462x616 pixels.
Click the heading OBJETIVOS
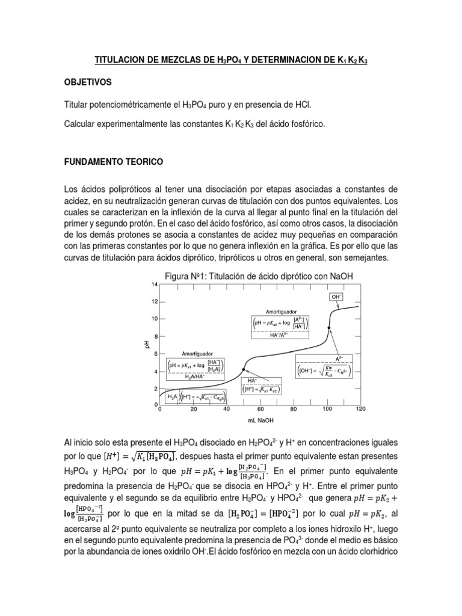coord(87,81)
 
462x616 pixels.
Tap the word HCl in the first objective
coord(303,104)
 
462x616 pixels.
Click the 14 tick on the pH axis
coord(154,284)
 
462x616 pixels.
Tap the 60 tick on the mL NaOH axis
coord(260,409)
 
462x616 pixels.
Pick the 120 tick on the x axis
coord(360,409)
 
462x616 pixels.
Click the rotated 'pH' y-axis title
coord(146,343)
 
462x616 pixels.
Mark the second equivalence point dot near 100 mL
coord(328,328)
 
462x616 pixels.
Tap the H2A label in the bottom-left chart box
coord(173,397)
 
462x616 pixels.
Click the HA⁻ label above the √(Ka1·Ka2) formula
coord(248,380)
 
